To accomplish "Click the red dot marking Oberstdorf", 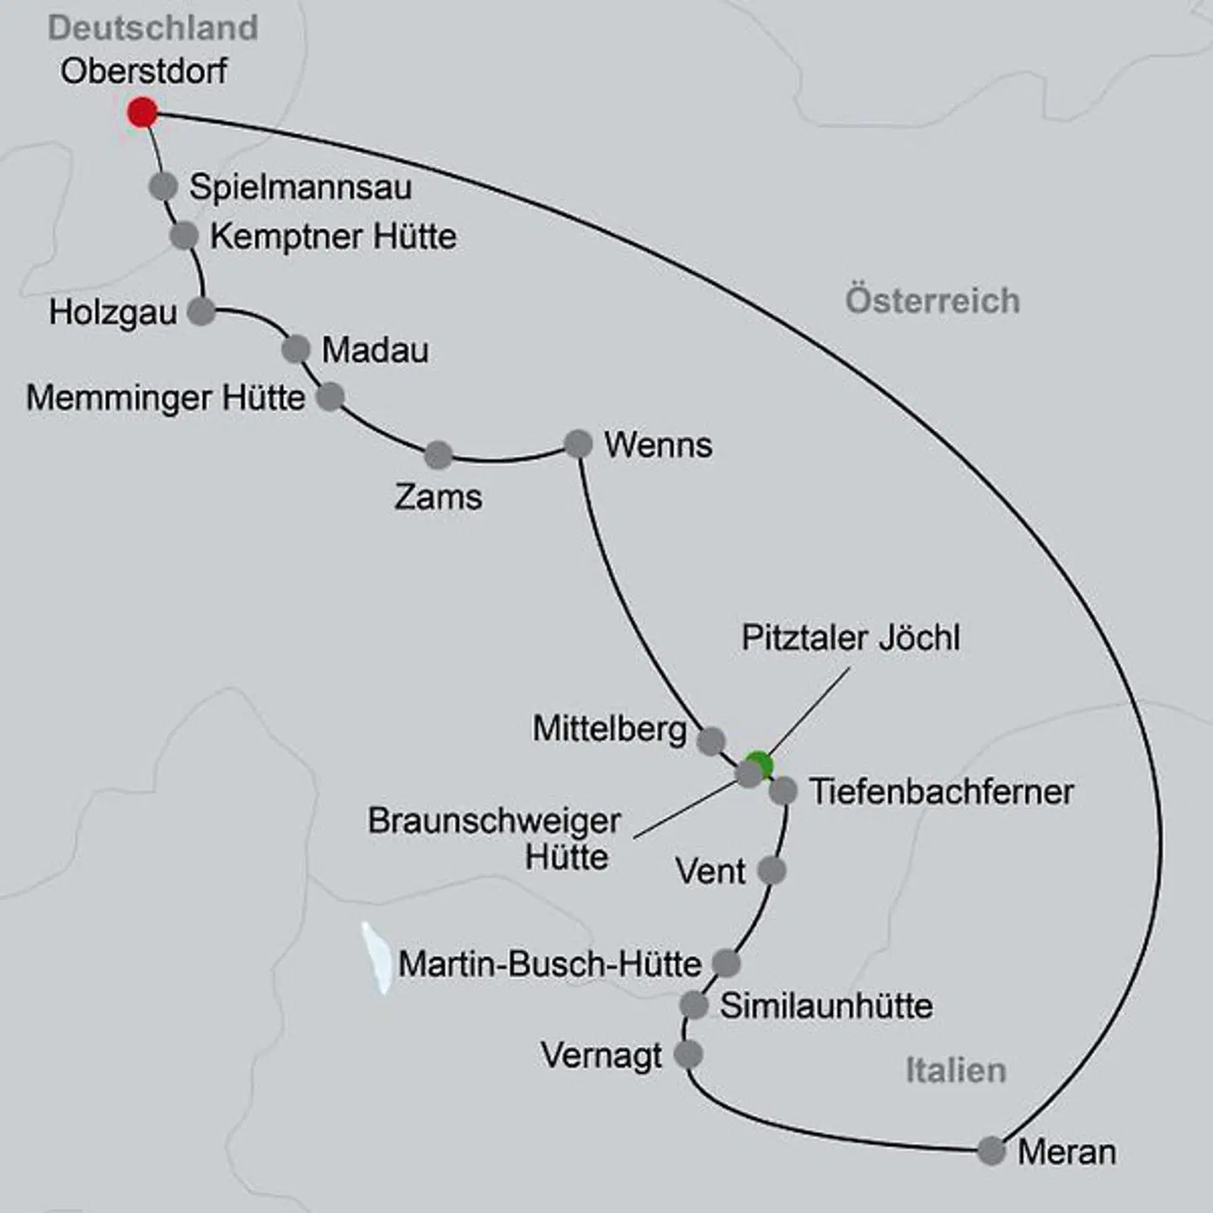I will pyautogui.click(x=142, y=112).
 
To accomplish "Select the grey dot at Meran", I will pyautogui.click(x=991, y=1150).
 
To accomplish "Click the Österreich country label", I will pyautogui.click(x=932, y=301).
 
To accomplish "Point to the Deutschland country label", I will pyautogui.click(x=152, y=28).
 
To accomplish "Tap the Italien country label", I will pyautogui.click(x=955, y=1070).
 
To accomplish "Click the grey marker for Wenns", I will pyautogui.click(x=578, y=444).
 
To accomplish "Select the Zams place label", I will pyautogui.click(x=438, y=497).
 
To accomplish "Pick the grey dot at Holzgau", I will pyautogui.click(x=201, y=312).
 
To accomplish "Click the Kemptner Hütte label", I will pyautogui.click(x=333, y=236).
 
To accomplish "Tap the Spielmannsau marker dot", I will pyautogui.click(x=163, y=186).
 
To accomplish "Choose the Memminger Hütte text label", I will pyautogui.click(x=165, y=398).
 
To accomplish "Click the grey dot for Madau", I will pyautogui.click(x=296, y=349).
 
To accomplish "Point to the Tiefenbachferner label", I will pyautogui.click(x=941, y=792).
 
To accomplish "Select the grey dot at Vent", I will pyautogui.click(x=772, y=870).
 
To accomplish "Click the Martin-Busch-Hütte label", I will pyautogui.click(x=549, y=964).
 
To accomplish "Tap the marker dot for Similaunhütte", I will pyautogui.click(x=693, y=1004).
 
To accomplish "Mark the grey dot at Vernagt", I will pyautogui.click(x=688, y=1054).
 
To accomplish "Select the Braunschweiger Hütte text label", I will pyautogui.click(x=494, y=839).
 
